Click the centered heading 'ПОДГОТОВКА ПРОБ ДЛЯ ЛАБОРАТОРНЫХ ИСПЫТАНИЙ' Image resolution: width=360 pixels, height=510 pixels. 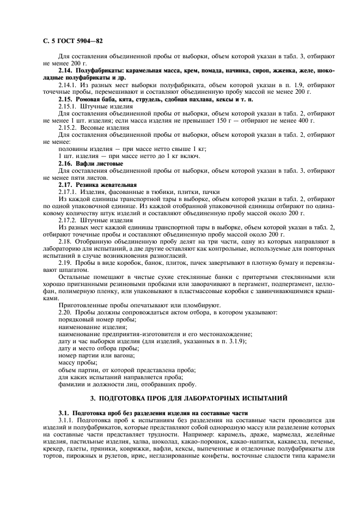[188, 399]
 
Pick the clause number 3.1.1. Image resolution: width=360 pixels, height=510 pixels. [67, 420]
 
